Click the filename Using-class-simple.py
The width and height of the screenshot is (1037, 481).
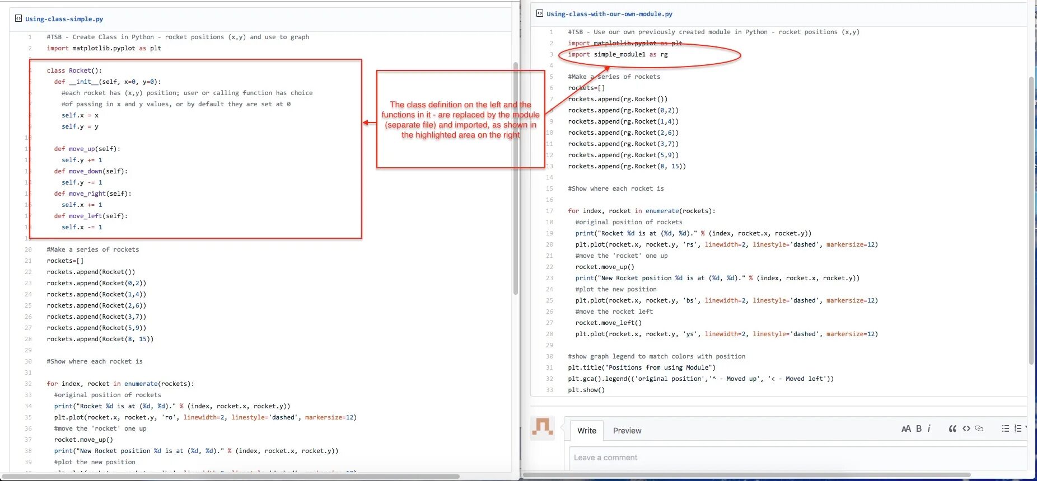tap(64, 19)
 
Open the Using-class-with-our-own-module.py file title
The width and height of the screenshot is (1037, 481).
tap(609, 14)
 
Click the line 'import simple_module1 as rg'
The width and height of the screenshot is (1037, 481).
tap(618, 54)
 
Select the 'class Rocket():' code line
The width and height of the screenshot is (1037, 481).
tap(74, 70)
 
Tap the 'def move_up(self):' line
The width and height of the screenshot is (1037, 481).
tap(87, 149)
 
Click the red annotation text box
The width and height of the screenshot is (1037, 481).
tap(460, 119)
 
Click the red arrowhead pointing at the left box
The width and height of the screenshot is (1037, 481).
tap(366, 123)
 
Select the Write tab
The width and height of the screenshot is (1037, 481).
tap(586, 431)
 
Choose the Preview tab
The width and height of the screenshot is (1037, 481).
tap(627, 431)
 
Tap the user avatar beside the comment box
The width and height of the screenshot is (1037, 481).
tap(542, 428)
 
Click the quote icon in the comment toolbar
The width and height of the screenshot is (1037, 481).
tap(952, 428)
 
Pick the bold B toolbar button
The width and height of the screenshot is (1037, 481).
tap(919, 428)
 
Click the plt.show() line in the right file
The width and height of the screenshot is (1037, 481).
tap(586, 390)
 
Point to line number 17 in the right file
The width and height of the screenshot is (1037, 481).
tap(549, 211)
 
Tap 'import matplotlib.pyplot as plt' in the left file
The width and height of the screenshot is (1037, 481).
tap(104, 48)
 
